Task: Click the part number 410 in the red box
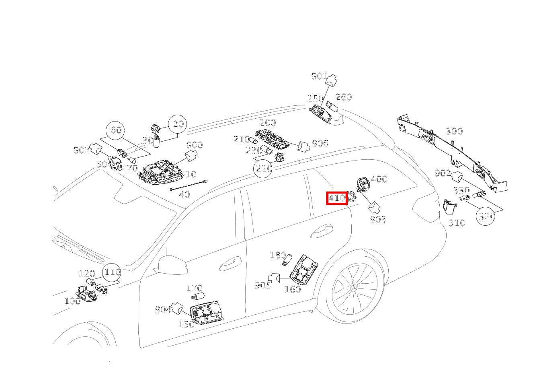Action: tap(336, 198)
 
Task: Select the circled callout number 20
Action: tap(178, 124)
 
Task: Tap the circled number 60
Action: tap(115, 130)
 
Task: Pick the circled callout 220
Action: tap(263, 169)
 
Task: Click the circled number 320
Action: tap(486, 216)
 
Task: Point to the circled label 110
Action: tap(112, 272)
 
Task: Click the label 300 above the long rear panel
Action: tap(454, 131)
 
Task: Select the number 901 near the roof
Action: tap(319, 76)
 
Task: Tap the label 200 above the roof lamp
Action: tap(268, 123)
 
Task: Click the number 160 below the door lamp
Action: tap(293, 289)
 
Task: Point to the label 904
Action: tap(163, 309)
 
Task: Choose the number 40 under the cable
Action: tap(184, 195)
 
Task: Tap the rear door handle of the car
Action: tap(322, 231)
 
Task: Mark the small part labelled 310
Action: tap(449, 206)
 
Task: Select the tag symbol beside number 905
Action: tap(274, 278)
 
